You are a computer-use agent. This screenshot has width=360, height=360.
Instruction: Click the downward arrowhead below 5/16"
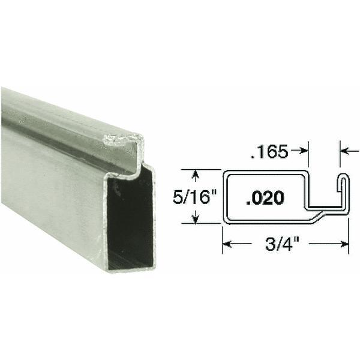click(194, 219)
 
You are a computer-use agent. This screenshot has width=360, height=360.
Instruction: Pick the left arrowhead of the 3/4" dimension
click(228, 244)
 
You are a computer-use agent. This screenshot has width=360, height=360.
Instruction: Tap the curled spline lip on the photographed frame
click(123, 144)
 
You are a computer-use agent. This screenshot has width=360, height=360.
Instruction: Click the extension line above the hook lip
click(341, 159)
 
